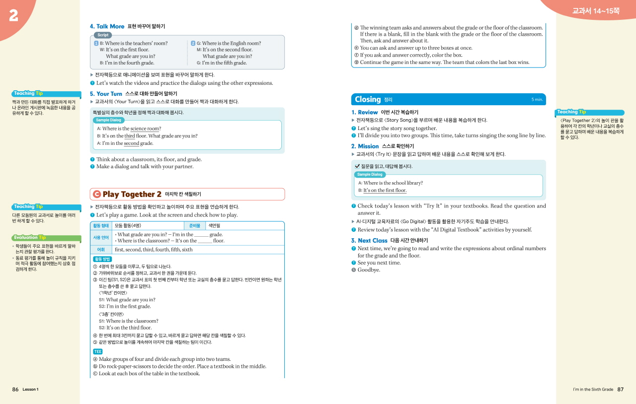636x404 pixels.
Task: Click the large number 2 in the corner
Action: [13, 15]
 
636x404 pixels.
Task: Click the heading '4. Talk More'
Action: [107, 26]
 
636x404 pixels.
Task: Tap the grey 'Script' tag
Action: [103, 35]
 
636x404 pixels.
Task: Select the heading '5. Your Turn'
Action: [106, 94]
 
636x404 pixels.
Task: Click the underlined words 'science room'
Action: [145, 129]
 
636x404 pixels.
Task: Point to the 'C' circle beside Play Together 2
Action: [97, 195]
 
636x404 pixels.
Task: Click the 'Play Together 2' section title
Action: [132, 195]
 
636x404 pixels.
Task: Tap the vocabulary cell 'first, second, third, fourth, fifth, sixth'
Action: [153, 250]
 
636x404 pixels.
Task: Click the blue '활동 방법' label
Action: [102, 259]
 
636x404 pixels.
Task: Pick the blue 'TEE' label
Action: [98, 351]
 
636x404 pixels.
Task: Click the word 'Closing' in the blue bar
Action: [368, 99]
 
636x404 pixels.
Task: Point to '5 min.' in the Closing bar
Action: [537, 100]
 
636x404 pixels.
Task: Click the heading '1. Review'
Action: [364, 112]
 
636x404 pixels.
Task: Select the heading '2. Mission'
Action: [365, 146]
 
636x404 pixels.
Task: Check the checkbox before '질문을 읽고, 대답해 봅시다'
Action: [357, 166]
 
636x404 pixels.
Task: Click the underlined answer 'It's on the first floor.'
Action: [385, 191]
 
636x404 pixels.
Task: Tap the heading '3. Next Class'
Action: [369, 241]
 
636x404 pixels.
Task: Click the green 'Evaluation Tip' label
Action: [30, 237]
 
